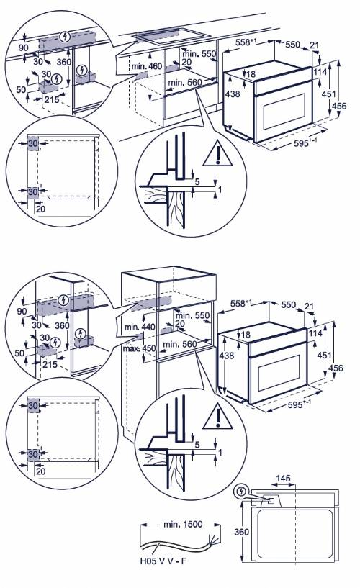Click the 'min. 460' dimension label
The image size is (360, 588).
pos(148,67)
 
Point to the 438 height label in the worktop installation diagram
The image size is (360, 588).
pos(232,94)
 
